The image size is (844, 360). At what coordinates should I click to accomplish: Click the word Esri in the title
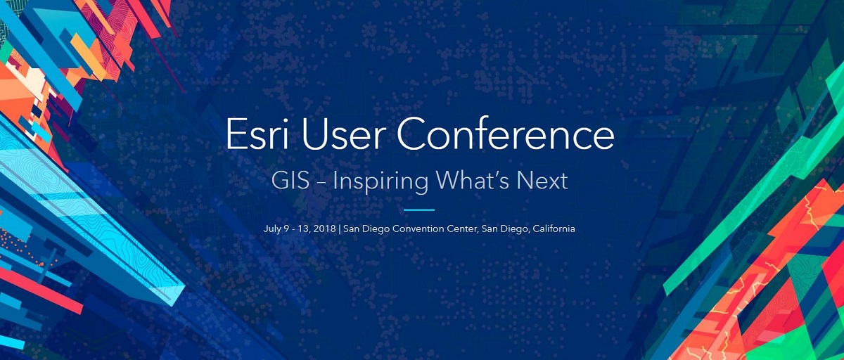(257, 134)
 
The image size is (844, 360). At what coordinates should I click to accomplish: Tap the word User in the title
(343, 134)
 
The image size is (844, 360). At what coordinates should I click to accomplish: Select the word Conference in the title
(506, 134)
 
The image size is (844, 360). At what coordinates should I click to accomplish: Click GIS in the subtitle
(290, 181)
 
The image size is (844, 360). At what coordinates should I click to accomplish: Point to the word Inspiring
(381, 183)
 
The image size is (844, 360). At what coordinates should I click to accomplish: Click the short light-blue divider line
(419, 210)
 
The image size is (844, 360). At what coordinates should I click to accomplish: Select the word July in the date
(272, 229)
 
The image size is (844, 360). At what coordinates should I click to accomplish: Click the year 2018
(324, 229)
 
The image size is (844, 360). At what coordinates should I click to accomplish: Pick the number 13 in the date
(302, 229)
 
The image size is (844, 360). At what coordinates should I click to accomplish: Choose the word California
(554, 229)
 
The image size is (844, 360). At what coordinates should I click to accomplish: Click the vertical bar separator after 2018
(340, 229)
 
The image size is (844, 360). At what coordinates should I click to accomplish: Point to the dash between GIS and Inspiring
(321, 183)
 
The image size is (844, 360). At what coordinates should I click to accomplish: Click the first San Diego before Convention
(366, 229)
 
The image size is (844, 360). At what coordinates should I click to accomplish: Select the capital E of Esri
(235, 134)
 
